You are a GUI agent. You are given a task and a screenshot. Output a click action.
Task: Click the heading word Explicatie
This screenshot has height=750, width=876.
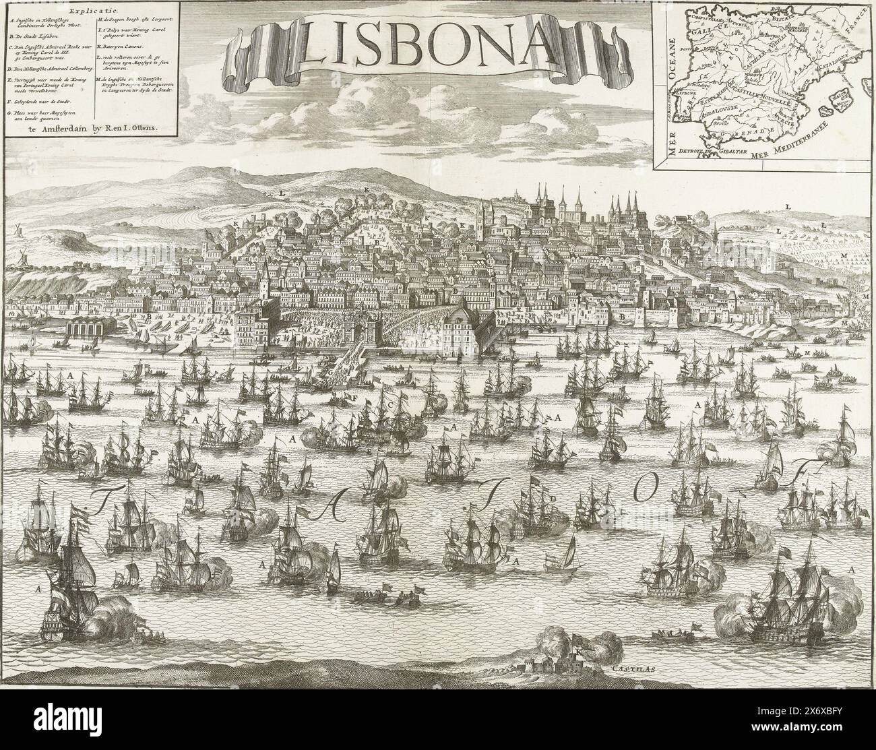pyautogui.click(x=97, y=11)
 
